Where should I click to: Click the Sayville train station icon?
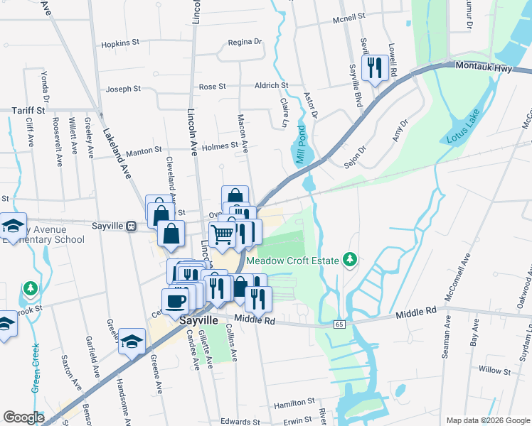pyautogui.click(x=131, y=226)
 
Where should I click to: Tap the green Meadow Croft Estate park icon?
pyautogui.click(x=349, y=260)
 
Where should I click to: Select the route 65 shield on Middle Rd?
pyautogui.click(x=339, y=324)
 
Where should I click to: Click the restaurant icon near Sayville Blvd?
pyautogui.click(x=373, y=68)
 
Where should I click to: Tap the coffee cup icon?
pyautogui.click(x=176, y=300)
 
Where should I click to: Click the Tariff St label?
pyautogui.click(x=28, y=111)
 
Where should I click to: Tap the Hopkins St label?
pyautogui.click(x=120, y=43)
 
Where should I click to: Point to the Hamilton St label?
pyautogui.click(x=294, y=402)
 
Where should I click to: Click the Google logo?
pyautogui.click(x=23, y=417)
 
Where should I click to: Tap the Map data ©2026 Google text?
pyautogui.click(x=487, y=420)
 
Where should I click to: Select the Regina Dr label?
pyautogui.click(x=245, y=42)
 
